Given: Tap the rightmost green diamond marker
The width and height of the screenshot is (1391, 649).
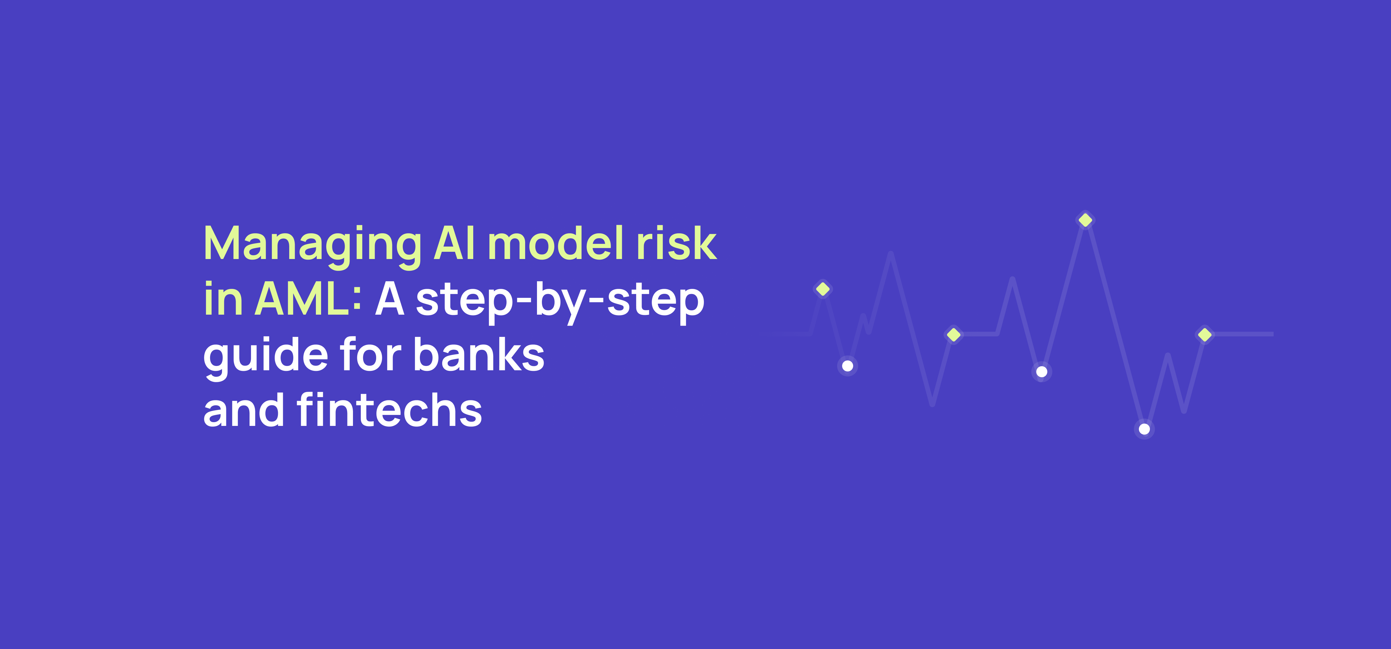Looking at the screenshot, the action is coord(1205,335).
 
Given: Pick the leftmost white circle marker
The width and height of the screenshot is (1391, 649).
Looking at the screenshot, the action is coord(847,366).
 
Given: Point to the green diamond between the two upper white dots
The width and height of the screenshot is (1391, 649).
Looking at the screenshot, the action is coord(954,335).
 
